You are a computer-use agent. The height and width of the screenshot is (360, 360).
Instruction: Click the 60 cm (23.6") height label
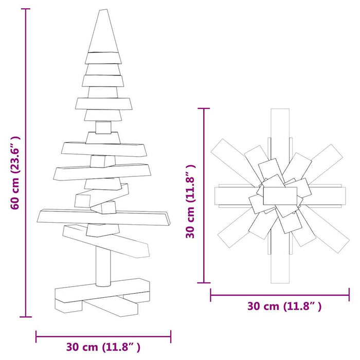pos(16,173)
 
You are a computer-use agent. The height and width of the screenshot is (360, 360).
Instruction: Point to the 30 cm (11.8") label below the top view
pos(284,307)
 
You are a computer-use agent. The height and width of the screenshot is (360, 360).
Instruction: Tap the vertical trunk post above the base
pos(103,262)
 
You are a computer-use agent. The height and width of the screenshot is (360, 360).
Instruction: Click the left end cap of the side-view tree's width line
pos(37,337)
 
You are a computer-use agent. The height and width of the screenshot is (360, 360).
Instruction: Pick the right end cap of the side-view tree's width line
pos(170,337)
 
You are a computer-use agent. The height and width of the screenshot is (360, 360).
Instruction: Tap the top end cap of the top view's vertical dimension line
pos(206,109)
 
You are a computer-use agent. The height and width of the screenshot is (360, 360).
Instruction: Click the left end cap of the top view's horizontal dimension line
pos(211,295)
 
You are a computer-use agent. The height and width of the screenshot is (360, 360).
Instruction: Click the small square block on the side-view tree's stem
pos(103,127)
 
